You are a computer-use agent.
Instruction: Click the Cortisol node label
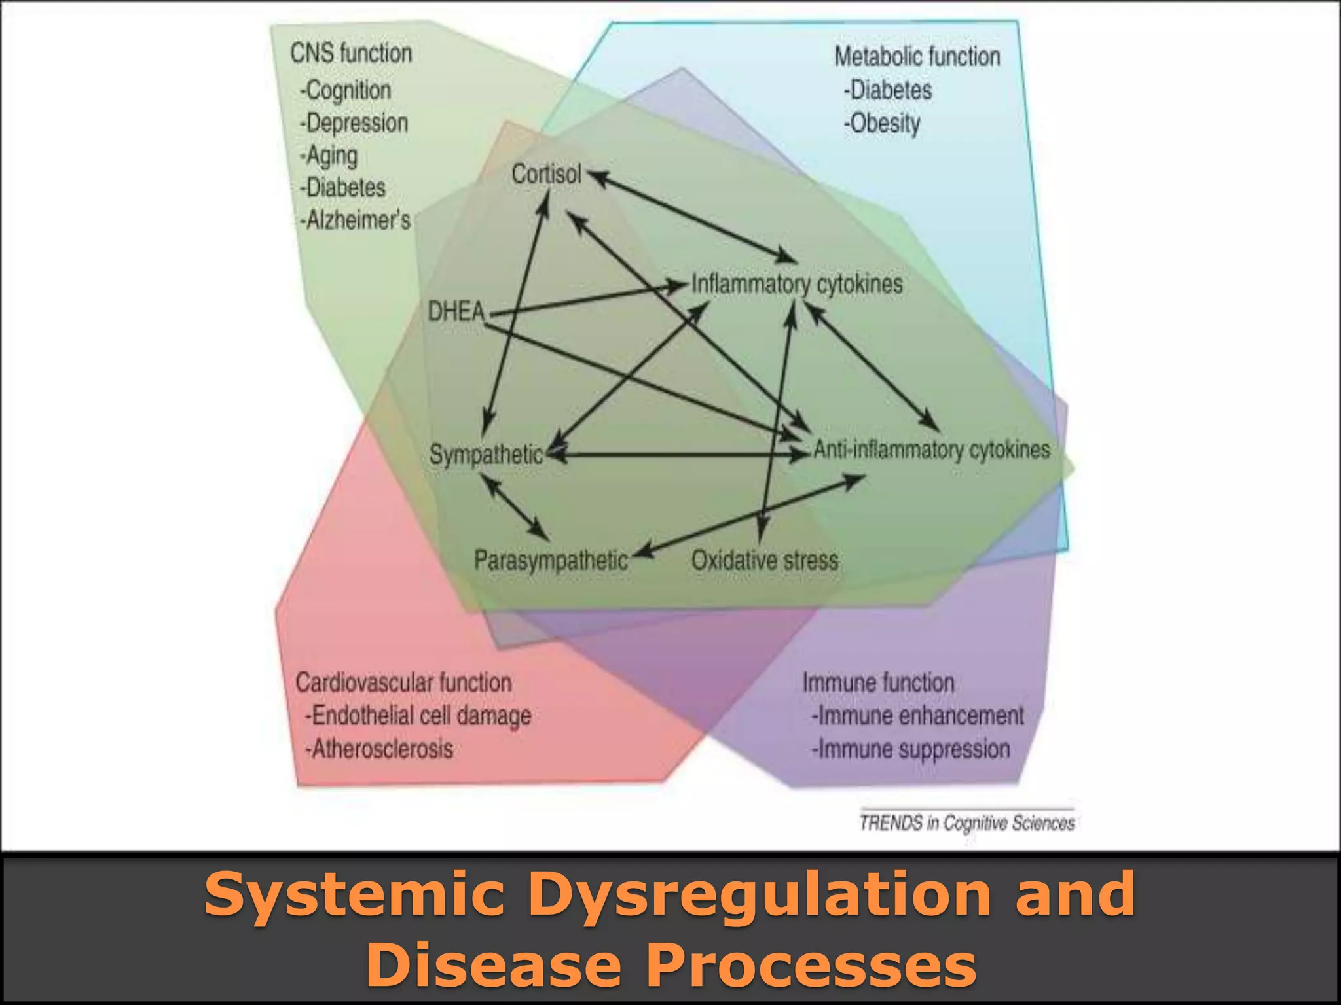(546, 174)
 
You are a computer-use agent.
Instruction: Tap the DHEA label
(456, 311)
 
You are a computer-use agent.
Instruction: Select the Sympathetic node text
(486, 454)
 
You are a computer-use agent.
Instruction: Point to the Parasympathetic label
(551, 560)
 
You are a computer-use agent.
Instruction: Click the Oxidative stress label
(765, 560)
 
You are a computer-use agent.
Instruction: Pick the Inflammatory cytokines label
(797, 284)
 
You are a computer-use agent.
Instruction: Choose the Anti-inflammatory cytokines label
(931, 450)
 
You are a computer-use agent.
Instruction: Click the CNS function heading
(351, 53)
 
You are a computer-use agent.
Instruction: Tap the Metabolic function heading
(917, 57)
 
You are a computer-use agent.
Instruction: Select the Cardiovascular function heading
(403, 682)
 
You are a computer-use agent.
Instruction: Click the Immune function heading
(878, 682)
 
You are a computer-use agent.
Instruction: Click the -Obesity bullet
(882, 123)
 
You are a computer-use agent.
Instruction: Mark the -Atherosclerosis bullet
(379, 749)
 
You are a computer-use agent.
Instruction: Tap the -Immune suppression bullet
(911, 749)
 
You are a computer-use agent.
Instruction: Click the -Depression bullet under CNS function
(354, 123)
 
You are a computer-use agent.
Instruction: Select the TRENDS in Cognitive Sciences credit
(967, 822)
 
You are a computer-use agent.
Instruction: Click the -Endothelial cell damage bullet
(418, 715)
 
